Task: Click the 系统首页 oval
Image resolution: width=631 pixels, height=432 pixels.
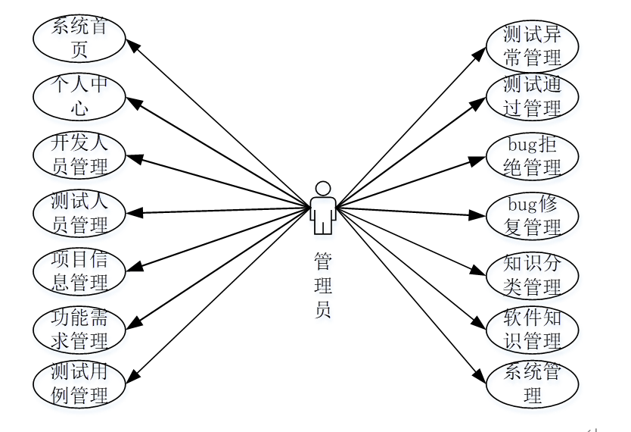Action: (x=79, y=39)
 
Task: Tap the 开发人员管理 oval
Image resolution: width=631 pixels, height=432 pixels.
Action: (x=79, y=154)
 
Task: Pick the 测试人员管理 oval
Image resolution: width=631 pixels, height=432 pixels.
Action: (x=79, y=213)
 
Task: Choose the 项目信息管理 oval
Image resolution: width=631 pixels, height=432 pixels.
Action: (x=79, y=271)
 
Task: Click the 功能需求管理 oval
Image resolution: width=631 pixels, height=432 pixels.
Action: (x=79, y=328)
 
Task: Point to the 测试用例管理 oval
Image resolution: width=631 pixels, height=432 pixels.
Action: (x=79, y=383)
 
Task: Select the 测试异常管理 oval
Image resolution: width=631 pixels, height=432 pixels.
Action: (x=532, y=45)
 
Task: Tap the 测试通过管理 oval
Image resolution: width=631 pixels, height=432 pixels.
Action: (x=532, y=96)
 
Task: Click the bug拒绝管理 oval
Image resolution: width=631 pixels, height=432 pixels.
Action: (x=532, y=155)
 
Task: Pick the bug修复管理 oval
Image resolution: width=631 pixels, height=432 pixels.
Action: (x=532, y=215)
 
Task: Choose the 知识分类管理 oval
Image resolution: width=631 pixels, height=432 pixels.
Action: (x=532, y=275)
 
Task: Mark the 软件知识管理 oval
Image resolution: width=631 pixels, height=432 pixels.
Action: (x=532, y=329)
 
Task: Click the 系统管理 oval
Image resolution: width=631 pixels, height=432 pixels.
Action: (x=532, y=383)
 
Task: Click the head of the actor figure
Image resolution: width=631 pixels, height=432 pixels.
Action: (x=323, y=188)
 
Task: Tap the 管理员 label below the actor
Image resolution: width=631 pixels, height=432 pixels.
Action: (x=323, y=286)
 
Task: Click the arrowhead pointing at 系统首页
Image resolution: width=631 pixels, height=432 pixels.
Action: (x=133, y=45)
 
